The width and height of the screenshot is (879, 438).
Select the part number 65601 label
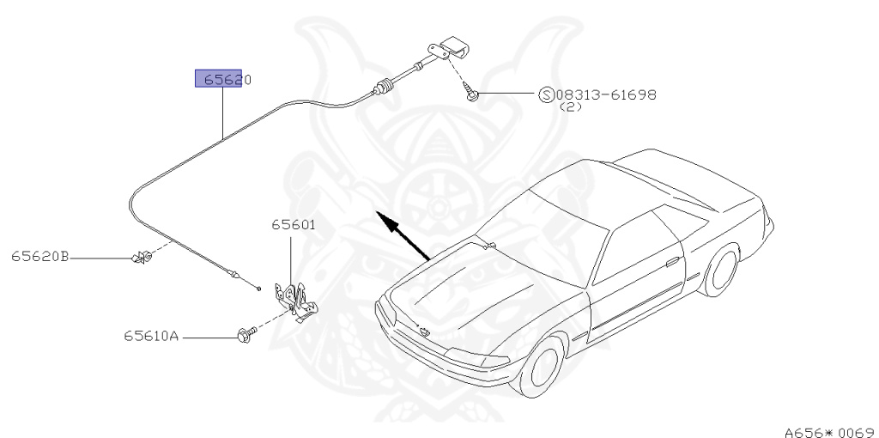(x=294, y=226)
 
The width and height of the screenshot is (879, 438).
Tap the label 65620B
(x=40, y=256)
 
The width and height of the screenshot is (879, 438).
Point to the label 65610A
(x=150, y=337)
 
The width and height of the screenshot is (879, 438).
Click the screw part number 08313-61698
(x=605, y=94)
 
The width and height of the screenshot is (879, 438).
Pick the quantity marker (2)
(x=571, y=108)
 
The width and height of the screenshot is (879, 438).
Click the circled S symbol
(x=546, y=94)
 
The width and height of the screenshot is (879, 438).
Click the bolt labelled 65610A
(x=243, y=336)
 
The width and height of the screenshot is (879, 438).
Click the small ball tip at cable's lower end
(x=257, y=286)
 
